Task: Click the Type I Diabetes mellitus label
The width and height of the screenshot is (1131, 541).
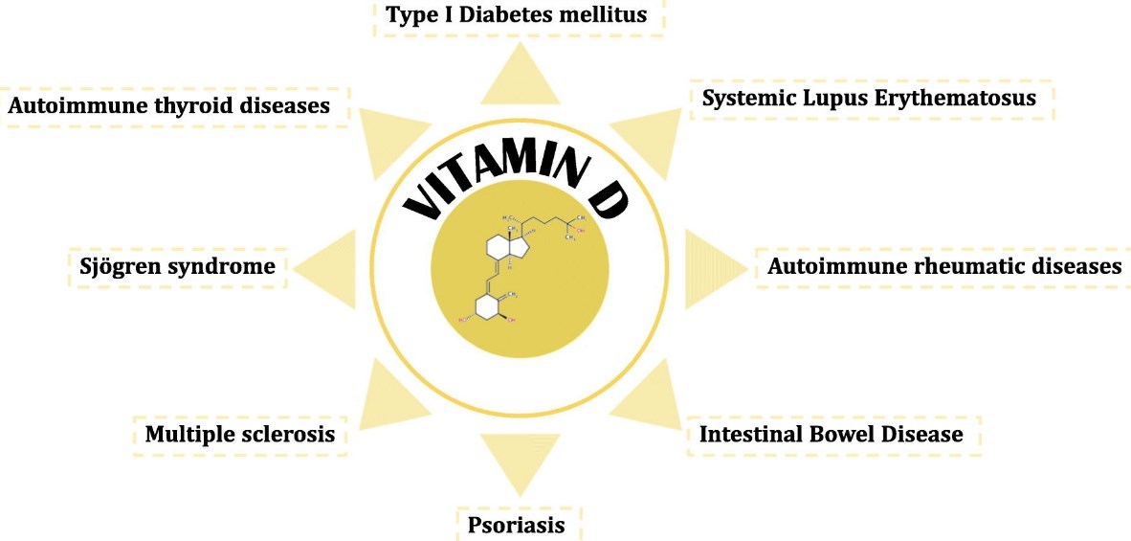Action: click(517, 15)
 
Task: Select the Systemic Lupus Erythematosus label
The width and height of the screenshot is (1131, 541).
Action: click(869, 99)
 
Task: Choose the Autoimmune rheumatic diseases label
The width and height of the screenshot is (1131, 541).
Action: click(943, 265)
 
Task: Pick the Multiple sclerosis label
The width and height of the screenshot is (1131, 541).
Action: click(239, 434)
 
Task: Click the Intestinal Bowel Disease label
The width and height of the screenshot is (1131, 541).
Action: click(831, 434)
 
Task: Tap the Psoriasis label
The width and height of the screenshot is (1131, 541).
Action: click(517, 525)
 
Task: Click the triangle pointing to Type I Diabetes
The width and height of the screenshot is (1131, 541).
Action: click(520, 79)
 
